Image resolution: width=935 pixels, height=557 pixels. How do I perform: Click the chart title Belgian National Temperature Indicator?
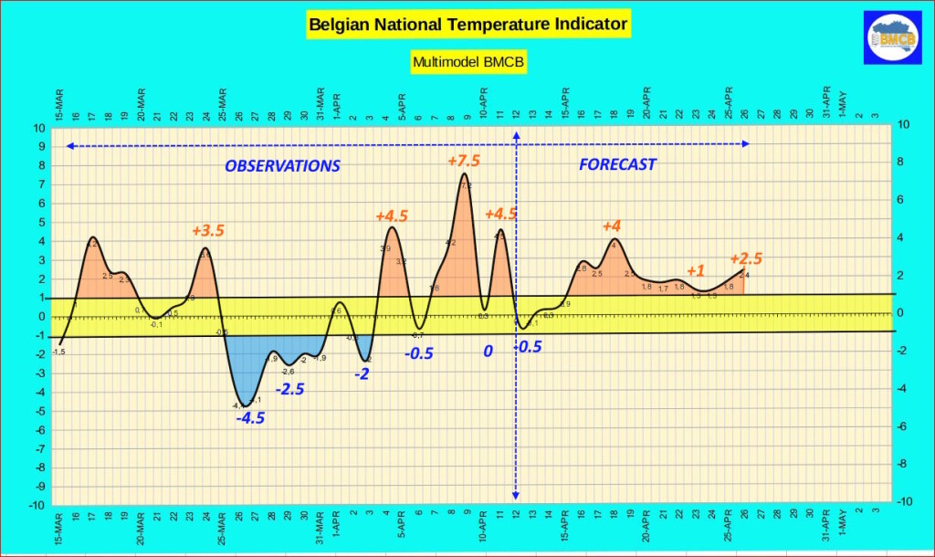(468, 24)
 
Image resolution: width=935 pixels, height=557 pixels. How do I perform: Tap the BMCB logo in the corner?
(892, 38)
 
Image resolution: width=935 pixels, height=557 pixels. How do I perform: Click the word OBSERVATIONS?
(282, 166)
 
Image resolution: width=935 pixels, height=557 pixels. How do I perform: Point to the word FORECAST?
(618, 165)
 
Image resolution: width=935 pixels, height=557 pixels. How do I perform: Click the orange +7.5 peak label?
(464, 161)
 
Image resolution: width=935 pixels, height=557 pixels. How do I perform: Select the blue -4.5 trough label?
(250, 419)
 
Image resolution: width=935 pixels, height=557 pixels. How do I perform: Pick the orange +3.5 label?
(208, 230)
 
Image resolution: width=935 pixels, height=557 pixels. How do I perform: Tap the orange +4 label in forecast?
(611, 226)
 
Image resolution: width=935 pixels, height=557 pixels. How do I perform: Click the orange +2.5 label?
(746, 258)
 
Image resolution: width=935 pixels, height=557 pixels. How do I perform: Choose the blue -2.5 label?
(289, 389)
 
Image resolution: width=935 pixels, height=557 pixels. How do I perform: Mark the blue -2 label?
(362, 373)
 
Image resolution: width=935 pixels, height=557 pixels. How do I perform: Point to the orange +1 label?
(695, 271)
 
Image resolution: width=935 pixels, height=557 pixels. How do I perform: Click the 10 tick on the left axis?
(40, 128)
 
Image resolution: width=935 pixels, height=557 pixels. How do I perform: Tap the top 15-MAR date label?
(59, 105)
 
